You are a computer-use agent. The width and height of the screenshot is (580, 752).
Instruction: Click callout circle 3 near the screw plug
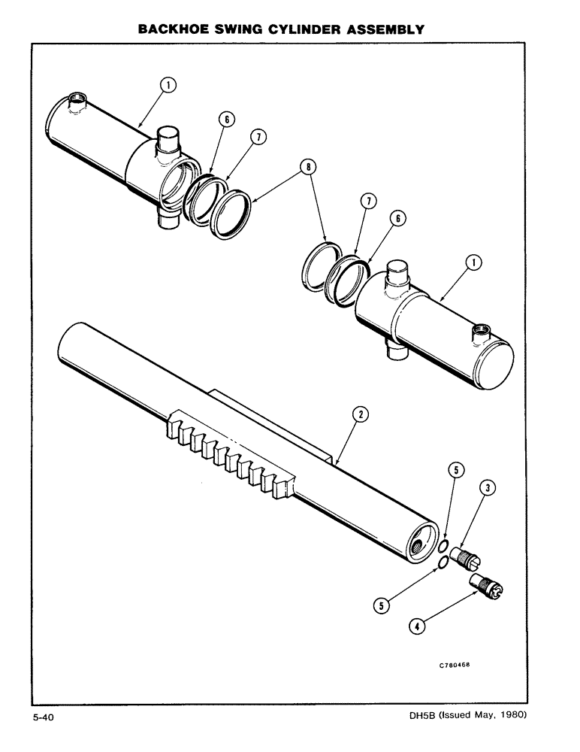pyautogui.click(x=488, y=490)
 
